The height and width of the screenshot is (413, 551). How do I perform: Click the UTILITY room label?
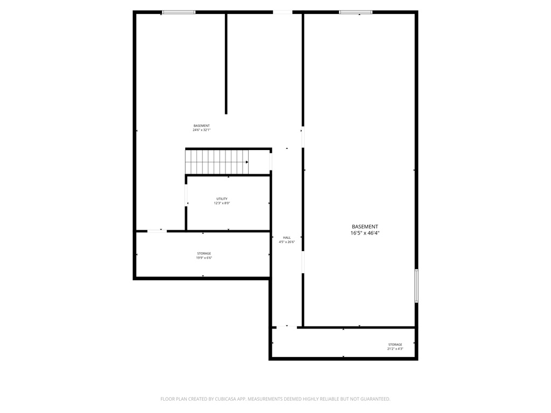222,199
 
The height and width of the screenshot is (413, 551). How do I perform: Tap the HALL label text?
287,238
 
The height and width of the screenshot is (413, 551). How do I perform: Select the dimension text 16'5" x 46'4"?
365,233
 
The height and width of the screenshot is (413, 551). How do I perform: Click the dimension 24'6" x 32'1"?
202,130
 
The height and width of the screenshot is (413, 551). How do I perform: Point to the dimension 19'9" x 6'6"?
204,258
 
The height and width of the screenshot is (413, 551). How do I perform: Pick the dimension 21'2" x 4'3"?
395,349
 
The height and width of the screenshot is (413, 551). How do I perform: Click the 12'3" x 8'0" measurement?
222,203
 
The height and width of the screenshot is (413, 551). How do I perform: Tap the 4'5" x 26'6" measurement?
287,242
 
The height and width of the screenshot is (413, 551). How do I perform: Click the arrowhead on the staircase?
247,162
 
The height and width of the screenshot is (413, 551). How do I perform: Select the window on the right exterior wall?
416,286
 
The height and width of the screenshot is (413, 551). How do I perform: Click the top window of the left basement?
179,12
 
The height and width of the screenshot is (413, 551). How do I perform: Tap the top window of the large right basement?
356,12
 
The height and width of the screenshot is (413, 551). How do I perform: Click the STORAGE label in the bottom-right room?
395,345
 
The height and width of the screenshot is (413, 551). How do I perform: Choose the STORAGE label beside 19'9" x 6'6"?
204,253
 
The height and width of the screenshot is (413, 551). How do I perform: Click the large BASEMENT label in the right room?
365,227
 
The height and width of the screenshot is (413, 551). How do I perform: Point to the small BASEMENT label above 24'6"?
202,126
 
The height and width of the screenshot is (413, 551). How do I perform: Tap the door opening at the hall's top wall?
282,12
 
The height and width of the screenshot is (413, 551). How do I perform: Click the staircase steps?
215,162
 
